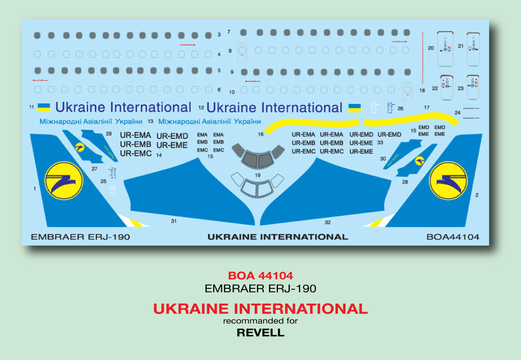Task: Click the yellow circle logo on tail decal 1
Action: pyautogui.click(x=64, y=180)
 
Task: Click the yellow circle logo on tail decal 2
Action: pyautogui.click(x=448, y=180)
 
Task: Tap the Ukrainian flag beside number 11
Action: pyautogui.click(x=44, y=107)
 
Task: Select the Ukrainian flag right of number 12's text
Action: pyautogui.click(x=354, y=108)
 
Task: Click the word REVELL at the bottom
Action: pyautogui.click(x=260, y=333)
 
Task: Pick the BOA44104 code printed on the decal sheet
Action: pyautogui.click(x=453, y=237)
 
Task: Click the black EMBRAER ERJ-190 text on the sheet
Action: pyautogui.click(x=80, y=237)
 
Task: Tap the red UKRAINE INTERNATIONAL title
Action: pyautogui.click(x=260, y=309)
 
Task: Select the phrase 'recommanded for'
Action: pyautogui.click(x=260, y=321)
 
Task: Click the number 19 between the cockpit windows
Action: pyautogui.click(x=257, y=175)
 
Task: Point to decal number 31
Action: pyautogui.click(x=174, y=221)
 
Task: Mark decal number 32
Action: pyautogui.click(x=328, y=222)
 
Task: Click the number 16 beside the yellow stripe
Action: pyautogui.click(x=260, y=134)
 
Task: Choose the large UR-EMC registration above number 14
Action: pyautogui.click(x=136, y=154)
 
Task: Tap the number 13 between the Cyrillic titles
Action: pyautogui.click(x=150, y=121)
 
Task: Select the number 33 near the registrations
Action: pyautogui.click(x=380, y=142)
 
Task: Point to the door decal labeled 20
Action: pyautogui.click(x=445, y=48)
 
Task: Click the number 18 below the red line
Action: pyautogui.click(x=422, y=90)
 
